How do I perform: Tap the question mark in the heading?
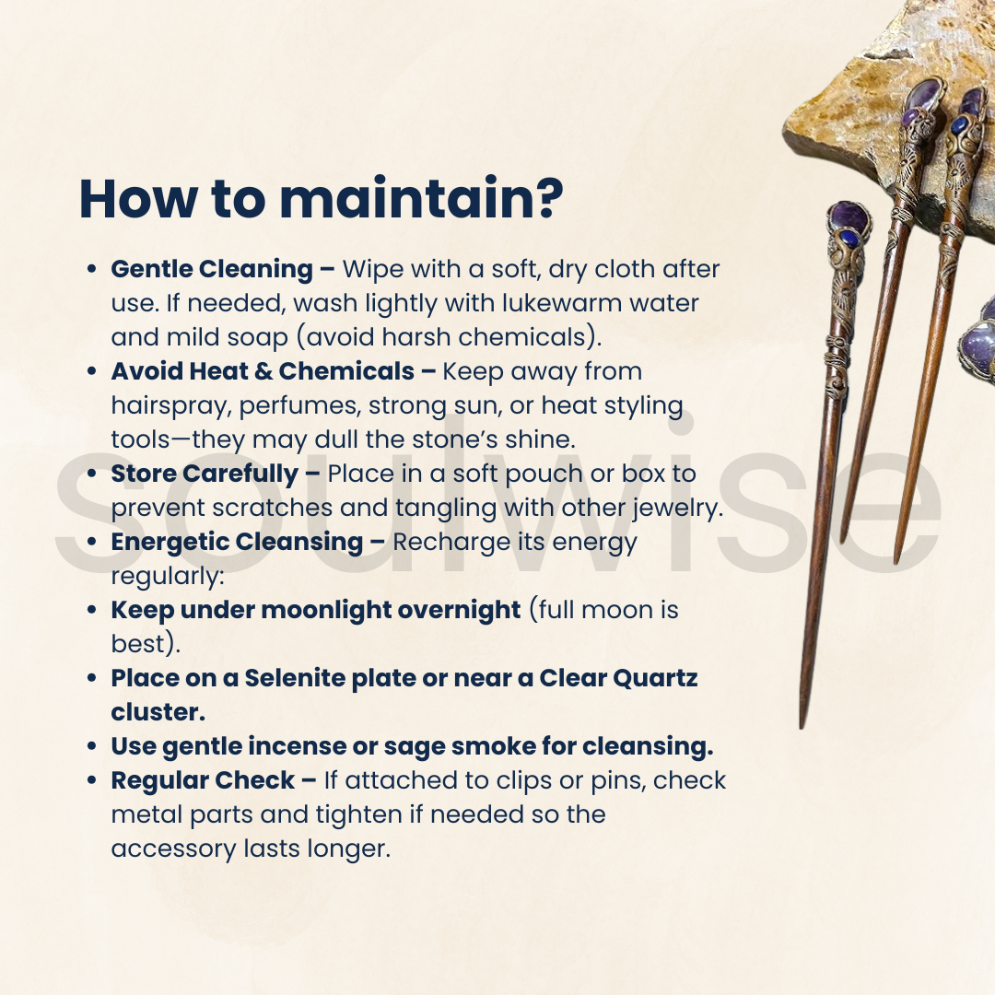544,199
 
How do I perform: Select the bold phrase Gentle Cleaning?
212,270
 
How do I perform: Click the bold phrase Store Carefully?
205,474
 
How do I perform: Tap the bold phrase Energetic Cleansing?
237,543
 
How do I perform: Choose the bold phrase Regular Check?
203,781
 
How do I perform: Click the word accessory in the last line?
173,849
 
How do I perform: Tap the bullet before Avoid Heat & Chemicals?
92,372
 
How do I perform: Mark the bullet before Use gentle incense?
92,747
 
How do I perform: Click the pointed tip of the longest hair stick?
802,727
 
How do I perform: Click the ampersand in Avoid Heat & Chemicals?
263,372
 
